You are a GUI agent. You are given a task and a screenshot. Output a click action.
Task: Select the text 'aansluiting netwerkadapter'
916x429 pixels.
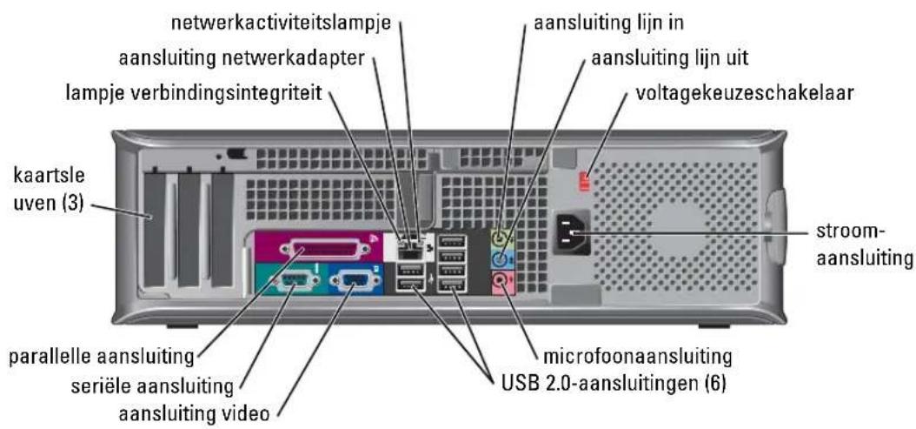tap(242, 58)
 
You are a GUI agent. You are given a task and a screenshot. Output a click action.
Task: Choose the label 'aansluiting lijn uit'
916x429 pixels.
tap(669, 58)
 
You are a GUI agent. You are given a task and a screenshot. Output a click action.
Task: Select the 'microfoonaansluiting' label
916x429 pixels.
tap(637, 357)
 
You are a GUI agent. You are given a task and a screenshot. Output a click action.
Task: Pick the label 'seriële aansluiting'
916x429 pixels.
tap(152, 386)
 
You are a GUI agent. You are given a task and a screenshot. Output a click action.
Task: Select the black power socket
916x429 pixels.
tap(571, 233)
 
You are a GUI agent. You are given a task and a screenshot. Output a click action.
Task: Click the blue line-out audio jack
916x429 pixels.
tap(501, 260)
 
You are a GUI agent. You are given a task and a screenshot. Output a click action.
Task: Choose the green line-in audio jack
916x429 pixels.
tap(501, 238)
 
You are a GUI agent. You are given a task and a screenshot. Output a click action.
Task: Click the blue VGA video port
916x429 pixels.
tap(351, 282)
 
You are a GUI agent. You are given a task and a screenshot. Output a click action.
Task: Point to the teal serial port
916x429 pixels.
tap(291, 282)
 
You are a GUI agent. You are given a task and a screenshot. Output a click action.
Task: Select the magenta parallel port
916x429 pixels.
tap(324, 250)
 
